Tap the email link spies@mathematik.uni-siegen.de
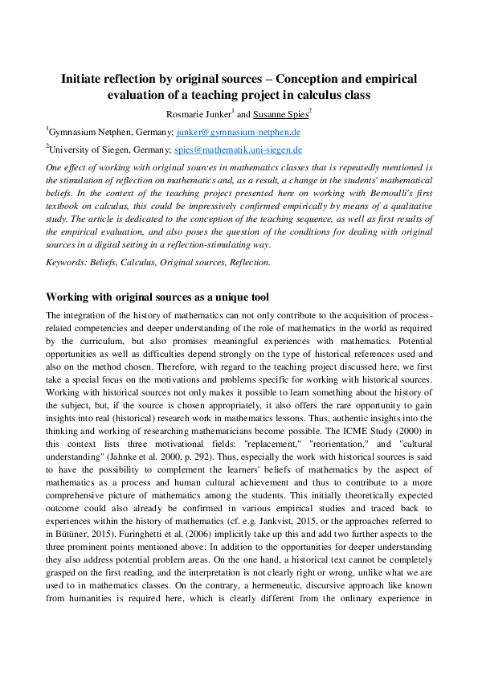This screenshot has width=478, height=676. [x=238, y=150]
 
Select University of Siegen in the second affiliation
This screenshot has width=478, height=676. [x=83, y=150]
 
